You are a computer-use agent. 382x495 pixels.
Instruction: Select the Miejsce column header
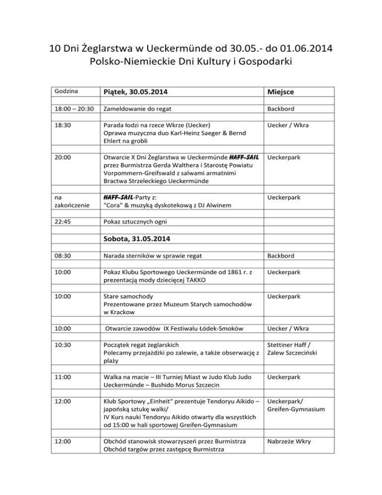coord(283,93)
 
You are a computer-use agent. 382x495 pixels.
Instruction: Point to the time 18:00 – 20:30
coord(74,108)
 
